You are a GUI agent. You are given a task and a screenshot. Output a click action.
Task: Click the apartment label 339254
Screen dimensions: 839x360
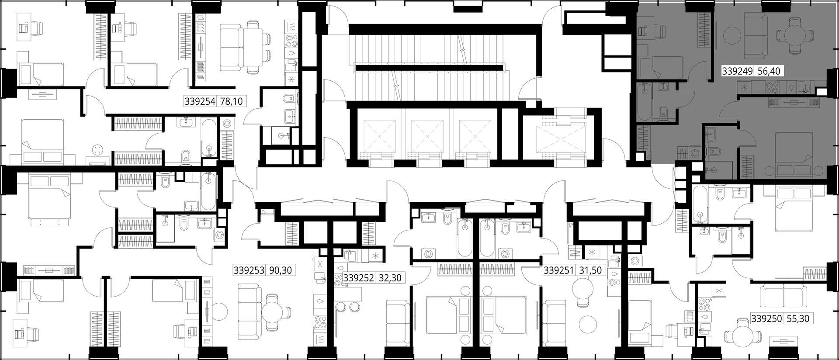pos(200,102)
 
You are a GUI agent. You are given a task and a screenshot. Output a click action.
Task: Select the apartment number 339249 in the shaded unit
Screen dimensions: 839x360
pos(737,71)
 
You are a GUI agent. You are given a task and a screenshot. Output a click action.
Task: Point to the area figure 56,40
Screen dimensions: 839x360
pos(768,71)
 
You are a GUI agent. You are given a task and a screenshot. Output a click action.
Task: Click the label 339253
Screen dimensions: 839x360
pos(249,270)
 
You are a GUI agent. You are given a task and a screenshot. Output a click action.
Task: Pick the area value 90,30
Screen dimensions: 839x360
pos(280,270)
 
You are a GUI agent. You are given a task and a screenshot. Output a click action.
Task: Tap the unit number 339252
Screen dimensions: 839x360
pos(359,277)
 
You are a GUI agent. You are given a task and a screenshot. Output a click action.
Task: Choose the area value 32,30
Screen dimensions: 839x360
pos(390,277)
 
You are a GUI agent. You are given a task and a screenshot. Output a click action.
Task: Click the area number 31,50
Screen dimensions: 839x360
pos(590,270)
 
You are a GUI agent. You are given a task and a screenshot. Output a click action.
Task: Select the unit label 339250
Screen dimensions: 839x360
pos(767,319)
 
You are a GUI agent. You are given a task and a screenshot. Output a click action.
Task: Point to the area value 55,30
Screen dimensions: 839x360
pos(798,319)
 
